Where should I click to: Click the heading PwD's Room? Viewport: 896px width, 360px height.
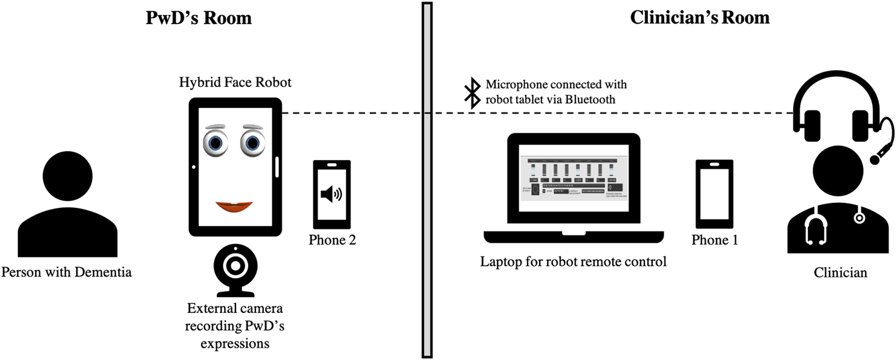point(199,18)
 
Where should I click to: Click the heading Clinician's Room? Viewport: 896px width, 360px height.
point(699,18)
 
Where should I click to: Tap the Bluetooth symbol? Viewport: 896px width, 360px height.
point(471,94)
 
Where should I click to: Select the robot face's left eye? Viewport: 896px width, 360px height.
point(215,143)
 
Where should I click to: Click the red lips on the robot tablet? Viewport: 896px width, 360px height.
point(235,207)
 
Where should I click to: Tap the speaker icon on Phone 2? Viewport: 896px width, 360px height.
point(331,194)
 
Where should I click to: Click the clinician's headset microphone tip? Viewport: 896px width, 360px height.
point(874,159)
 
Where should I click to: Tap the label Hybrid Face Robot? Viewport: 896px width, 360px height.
point(235,83)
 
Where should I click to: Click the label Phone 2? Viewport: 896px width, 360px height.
point(332,240)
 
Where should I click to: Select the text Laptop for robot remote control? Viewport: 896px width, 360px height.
point(573,262)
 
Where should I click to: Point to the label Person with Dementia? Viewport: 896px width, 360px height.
point(66,272)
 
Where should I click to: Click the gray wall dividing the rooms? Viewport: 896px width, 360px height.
point(427,181)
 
